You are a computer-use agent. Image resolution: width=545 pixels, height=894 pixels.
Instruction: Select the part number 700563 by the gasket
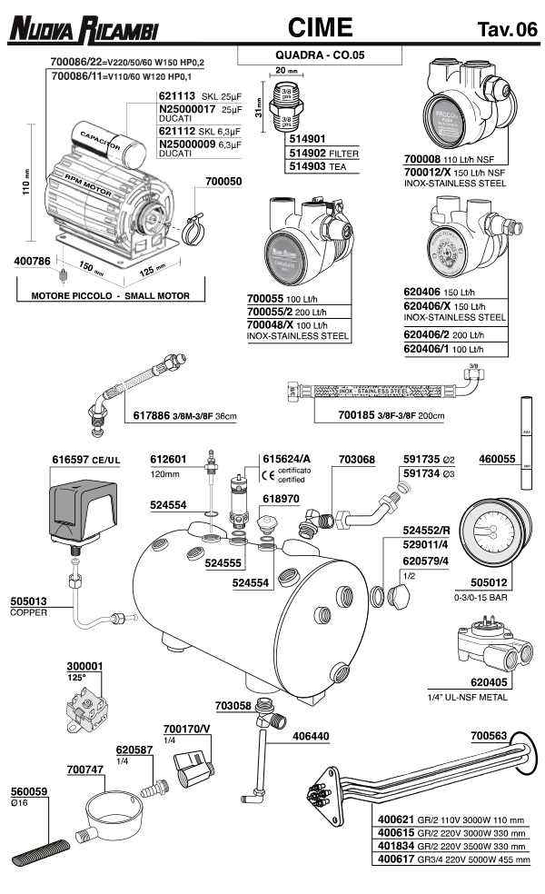click(x=491, y=737)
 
